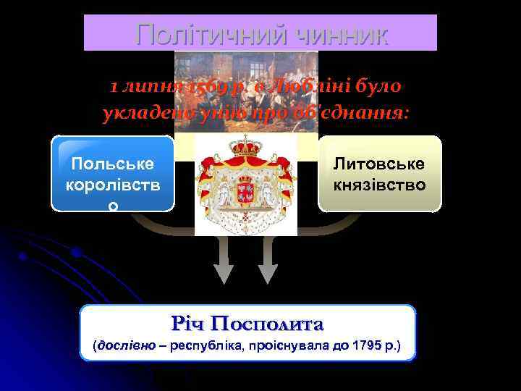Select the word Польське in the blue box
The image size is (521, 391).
[x=112, y=164]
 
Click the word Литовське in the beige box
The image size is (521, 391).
[x=379, y=164]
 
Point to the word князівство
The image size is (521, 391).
[x=379, y=185]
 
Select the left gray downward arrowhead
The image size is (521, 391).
[x=224, y=272]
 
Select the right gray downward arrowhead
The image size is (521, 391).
[x=268, y=272]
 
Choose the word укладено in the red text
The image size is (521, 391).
[x=139, y=112]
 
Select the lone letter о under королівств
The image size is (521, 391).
[x=112, y=206]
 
